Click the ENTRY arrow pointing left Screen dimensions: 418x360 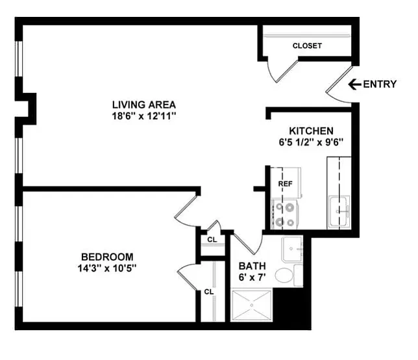pyautogui.click(x=355, y=84)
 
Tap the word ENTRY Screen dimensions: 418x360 pyautogui.click(x=380, y=84)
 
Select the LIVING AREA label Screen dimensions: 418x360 pyautogui.click(x=144, y=105)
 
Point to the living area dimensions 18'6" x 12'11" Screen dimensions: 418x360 pyautogui.click(x=144, y=116)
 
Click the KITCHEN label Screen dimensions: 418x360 pyautogui.click(x=311, y=131)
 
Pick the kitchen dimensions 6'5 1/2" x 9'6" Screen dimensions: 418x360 pyautogui.click(x=311, y=142)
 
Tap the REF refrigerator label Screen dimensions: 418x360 pyautogui.click(x=285, y=184)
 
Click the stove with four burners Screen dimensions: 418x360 pyautogui.click(x=284, y=214)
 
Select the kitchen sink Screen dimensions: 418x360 pyautogui.click(x=339, y=212)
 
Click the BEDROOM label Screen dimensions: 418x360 pyautogui.click(x=107, y=257)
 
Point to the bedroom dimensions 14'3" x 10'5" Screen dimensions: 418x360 pyautogui.click(x=107, y=268)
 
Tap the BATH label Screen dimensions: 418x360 pyautogui.click(x=252, y=266)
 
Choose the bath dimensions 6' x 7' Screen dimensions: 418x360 pyautogui.click(x=252, y=277)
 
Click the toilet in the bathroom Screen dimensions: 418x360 pyautogui.click(x=289, y=276)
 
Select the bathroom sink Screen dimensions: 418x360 pyautogui.click(x=292, y=249)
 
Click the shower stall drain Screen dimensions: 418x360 pyautogui.click(x=251, y=305)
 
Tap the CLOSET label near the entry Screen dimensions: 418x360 pyautogui.click(x=307, y=46)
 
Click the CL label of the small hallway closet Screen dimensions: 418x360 pyautogui.click(x=212, y=240)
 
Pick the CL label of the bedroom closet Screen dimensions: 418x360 pyautogui.click(x=209, y=292)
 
